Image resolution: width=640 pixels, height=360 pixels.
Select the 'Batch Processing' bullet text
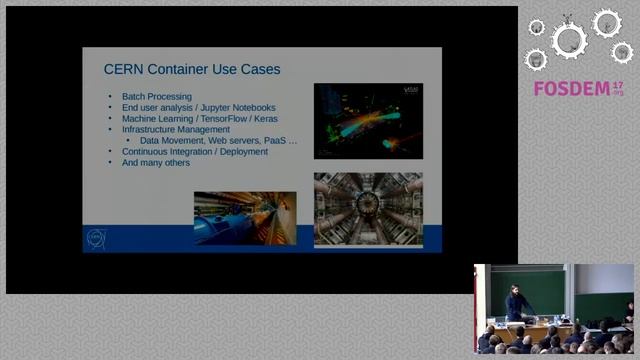click(x=156, y=96)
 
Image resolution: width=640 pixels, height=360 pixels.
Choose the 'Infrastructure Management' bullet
click(x=175, y=129)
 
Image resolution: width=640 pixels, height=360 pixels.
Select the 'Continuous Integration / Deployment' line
click(x=194, y=151)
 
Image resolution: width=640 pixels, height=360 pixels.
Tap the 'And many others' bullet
click(x=155, y=162)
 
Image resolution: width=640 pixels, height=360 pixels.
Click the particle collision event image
click(x=368, y=120)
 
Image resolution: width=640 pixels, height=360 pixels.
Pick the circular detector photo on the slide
click(x=368, y=209)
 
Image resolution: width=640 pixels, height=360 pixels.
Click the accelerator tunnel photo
click(x=244, y=217)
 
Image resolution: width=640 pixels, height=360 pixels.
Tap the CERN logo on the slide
click(x=97, y=238)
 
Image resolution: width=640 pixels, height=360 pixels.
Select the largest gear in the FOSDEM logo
click(x=570, y=40)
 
